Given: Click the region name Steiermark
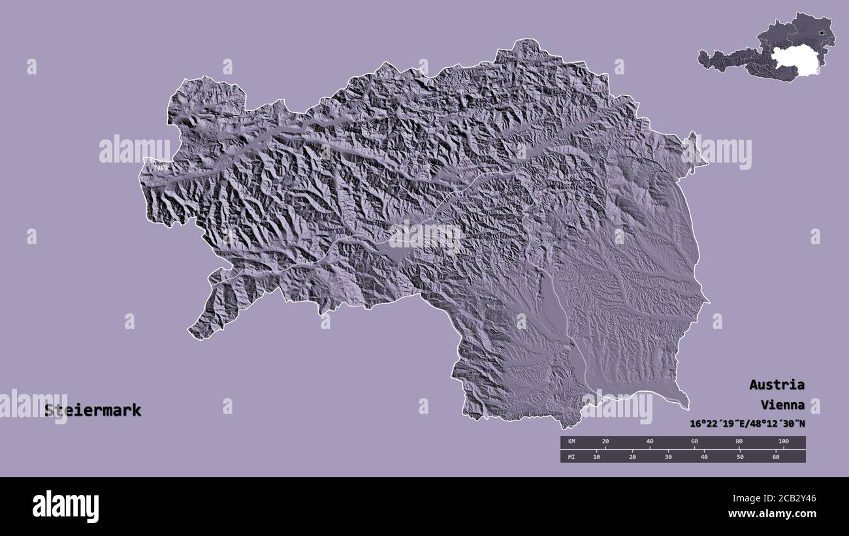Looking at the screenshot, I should (x=93, y=411).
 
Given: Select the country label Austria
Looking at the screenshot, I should (x=777, y=384).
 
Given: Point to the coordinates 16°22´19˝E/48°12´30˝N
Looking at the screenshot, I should (x=747, y=423).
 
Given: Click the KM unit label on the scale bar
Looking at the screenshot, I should (x=571, y=442).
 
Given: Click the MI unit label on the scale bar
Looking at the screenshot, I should (x=571, y=456).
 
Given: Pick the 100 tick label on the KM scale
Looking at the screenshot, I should (x=783, y=442).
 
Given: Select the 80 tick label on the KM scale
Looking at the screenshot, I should (x=739, y=442).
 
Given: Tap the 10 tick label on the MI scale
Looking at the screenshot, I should (x=596, y=456).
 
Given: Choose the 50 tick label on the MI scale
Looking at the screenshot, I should (x=740, y=456).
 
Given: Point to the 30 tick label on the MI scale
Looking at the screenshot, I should (x=668, y=456).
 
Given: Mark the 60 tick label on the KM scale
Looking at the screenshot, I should (x=694, y=442).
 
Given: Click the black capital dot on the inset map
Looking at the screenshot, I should (x=820, y=31).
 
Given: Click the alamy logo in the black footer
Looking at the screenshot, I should (x=65, y=506).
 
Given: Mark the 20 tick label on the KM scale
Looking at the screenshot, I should (x=605, y=442).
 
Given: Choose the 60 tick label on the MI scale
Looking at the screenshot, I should (x=776, y=456).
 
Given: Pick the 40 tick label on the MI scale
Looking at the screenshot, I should (x=704, y=456).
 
